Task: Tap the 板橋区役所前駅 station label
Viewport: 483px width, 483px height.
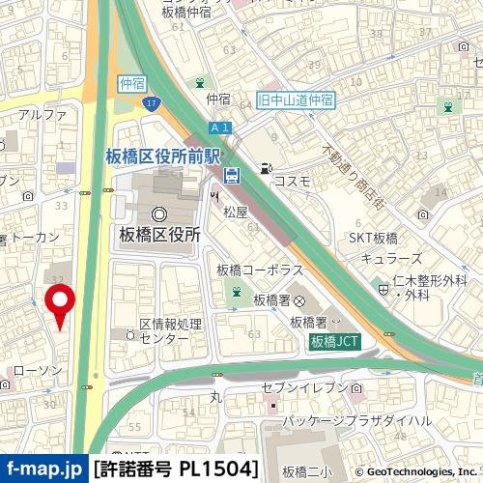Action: pos(165,155)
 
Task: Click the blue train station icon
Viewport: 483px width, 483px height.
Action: pos(233,175)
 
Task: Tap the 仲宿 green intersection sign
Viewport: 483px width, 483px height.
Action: pos(129,84)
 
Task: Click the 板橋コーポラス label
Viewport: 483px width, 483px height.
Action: pos(260,270)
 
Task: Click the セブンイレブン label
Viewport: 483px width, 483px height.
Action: pos(304,387)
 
